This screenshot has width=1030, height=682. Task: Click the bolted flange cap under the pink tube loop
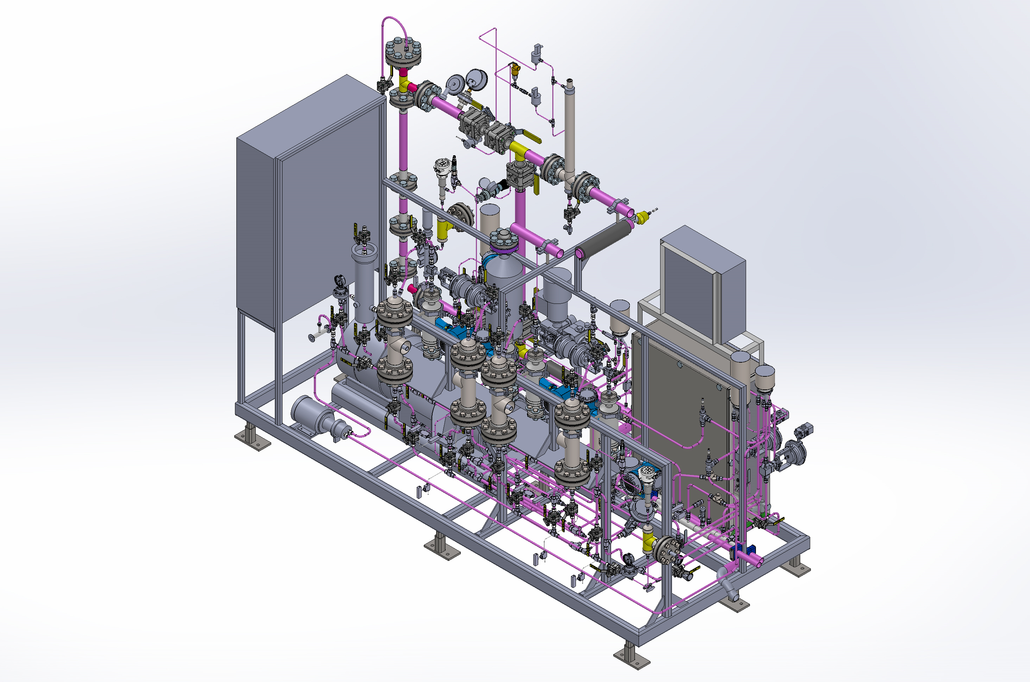coord(403,52)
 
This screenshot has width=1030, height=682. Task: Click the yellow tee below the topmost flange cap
coord(404,85)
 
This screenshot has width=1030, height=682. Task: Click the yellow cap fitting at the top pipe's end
coord(642,216)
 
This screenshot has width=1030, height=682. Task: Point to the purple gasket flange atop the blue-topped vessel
coord(504,249)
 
